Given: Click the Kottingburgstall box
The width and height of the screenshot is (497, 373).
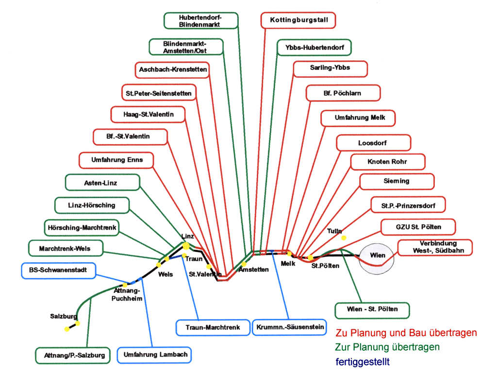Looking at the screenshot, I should (298, 20).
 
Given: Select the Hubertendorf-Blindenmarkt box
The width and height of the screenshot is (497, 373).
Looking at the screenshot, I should (201, 20).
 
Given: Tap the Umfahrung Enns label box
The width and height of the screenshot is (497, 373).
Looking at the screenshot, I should (117, 160).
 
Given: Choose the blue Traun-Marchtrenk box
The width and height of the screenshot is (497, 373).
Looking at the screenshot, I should (213, 327).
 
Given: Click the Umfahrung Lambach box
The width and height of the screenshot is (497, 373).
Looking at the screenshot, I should (155, 355).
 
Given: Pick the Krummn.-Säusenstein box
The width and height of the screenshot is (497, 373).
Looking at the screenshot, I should (289, 327).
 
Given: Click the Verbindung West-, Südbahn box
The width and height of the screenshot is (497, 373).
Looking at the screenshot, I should (435, 247).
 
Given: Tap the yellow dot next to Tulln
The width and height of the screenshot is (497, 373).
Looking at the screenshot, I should (344, 238).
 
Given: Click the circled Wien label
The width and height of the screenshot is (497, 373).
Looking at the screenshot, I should (377, 255).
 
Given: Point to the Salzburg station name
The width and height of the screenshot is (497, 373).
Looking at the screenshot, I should (64, 316).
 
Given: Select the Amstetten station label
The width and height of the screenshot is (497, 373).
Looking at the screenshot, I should (253, 270).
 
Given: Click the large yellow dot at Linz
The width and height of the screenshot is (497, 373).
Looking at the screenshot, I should (185, 246).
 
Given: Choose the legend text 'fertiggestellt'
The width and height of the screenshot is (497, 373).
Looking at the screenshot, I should (363, 362).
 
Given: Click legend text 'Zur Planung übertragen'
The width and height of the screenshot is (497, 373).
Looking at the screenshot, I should (387, 347).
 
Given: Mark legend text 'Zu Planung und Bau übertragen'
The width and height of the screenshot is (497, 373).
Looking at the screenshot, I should (406, 333).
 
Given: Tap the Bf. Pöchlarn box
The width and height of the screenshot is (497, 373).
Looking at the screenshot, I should (343, 93).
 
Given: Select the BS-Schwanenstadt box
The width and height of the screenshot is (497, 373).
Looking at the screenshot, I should (58, 270).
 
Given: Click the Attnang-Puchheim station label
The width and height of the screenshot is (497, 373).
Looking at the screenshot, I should (128, 295).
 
